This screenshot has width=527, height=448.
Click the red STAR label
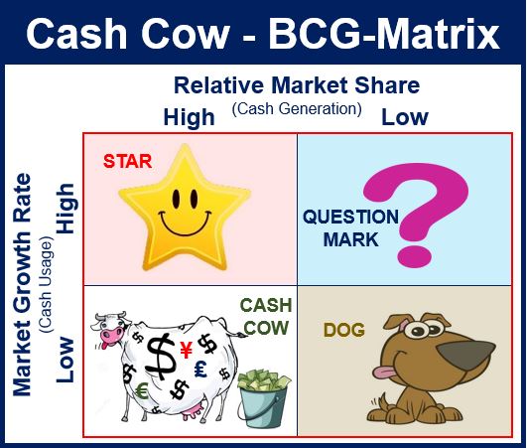point(128,161)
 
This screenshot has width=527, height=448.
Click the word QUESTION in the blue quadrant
point(351,217)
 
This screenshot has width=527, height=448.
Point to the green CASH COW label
point(266,317)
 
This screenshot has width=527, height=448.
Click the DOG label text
point(343,330)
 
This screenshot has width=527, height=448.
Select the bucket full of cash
point(264,398)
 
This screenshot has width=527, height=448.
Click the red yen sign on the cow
point(186,350)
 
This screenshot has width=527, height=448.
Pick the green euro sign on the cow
point(143,391)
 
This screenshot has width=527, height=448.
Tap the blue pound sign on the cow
point(201,369)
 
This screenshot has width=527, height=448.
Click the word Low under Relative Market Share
point(405,118)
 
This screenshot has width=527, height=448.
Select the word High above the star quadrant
point(189,117)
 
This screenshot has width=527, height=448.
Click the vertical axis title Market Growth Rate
point(22,284)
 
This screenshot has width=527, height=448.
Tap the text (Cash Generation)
point(297,109)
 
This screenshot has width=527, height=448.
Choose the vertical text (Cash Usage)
point(46,284)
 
